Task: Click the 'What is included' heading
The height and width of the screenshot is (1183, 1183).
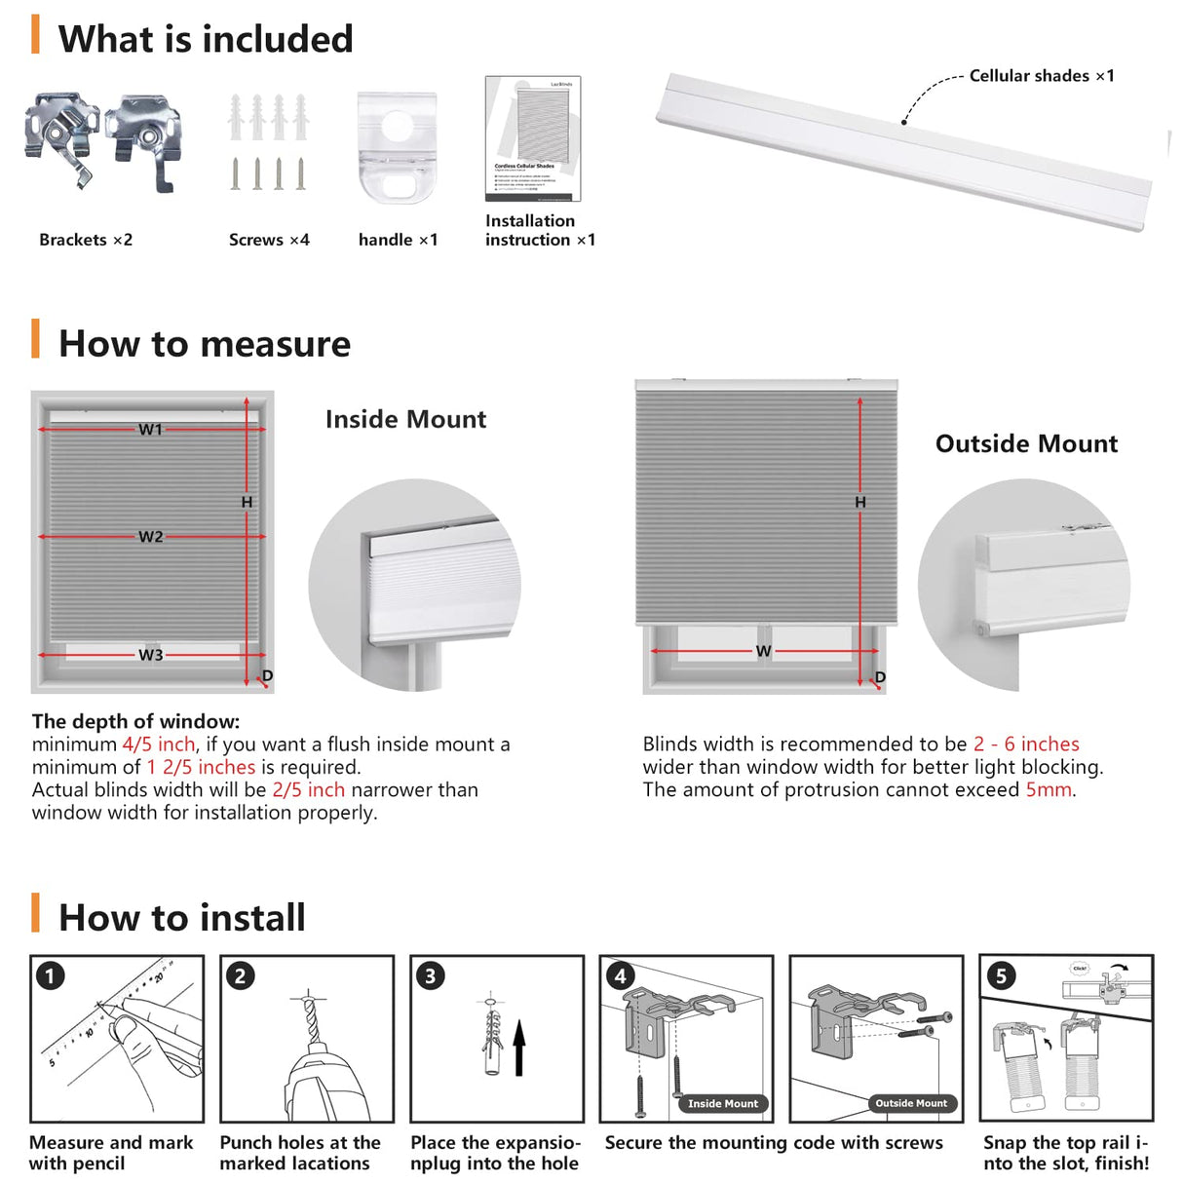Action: point(205,40)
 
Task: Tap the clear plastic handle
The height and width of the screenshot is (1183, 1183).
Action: point(396,146)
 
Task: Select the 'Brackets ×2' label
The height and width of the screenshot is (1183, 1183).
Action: point(86,240)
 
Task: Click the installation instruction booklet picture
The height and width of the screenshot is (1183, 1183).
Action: point(532,138)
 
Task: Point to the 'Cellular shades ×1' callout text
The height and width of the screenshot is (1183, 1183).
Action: point(1041,76)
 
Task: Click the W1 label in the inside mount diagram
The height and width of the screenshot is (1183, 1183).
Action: point(150,430)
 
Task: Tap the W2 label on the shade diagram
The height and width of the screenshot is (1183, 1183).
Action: point(150,537)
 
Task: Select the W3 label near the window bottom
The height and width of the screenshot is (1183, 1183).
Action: point(150,655)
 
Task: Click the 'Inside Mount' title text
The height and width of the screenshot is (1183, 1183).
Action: point(405,420)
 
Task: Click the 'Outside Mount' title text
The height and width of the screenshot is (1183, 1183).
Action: point(1026,444)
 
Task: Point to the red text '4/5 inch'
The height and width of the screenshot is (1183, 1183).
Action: point(159,744)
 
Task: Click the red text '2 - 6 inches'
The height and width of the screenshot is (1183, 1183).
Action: point(1026,744)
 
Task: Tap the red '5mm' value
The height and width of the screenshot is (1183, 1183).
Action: point(1048,790)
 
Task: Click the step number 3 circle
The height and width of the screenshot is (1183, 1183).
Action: point(430,976)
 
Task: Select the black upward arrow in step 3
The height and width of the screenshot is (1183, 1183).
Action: point(519,1048)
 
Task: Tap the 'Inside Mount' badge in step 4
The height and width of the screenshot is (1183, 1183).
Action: point(722,1104)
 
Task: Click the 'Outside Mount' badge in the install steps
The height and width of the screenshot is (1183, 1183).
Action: point(911,1104)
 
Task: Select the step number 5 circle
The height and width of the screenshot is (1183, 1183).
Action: point(1001,976)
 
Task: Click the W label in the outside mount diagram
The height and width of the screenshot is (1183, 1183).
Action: point(763,651)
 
